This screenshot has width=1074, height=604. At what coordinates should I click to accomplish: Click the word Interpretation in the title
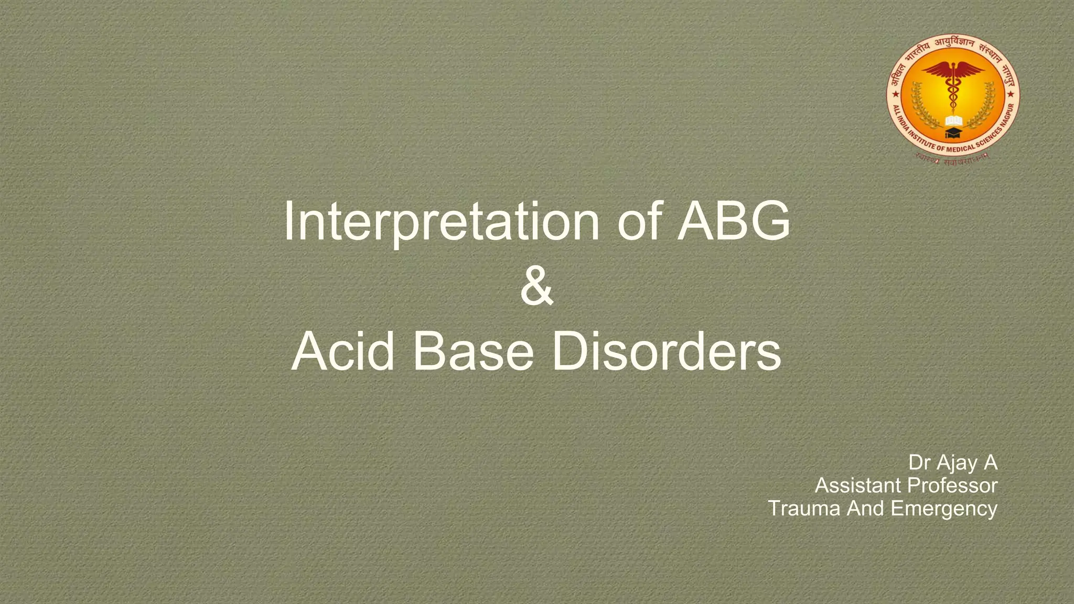coord(441,222)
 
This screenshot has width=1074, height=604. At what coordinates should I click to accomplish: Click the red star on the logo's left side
coord(896,95)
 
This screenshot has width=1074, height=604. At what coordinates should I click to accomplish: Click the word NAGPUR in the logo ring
coord(1007,116)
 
